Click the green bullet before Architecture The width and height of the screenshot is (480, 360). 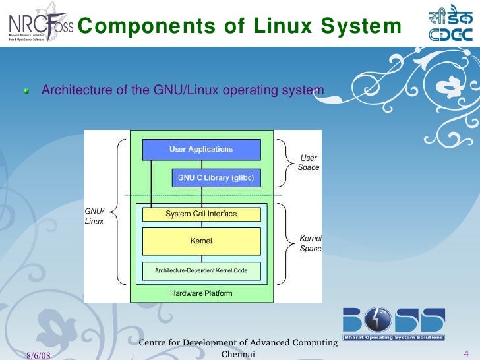tap(27, 91)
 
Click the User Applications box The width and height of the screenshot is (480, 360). tap(201, 150)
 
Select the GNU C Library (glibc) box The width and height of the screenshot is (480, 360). tap(216, 178)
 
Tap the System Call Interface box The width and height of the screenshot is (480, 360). tap(201, 214)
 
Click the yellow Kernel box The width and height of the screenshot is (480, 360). tap(201, 241)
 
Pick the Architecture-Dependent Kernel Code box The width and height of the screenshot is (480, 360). tap(201, 271)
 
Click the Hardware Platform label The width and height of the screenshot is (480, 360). tap(201, 293)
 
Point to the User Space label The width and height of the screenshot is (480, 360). tap(309, 163)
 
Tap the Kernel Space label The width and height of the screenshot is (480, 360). tap(311, 243)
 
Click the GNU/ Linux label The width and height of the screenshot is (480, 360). tap(94, 216)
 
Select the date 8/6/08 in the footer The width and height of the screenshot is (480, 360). tap(39, 355)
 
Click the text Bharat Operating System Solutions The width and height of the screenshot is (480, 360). tap(394, 338)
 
